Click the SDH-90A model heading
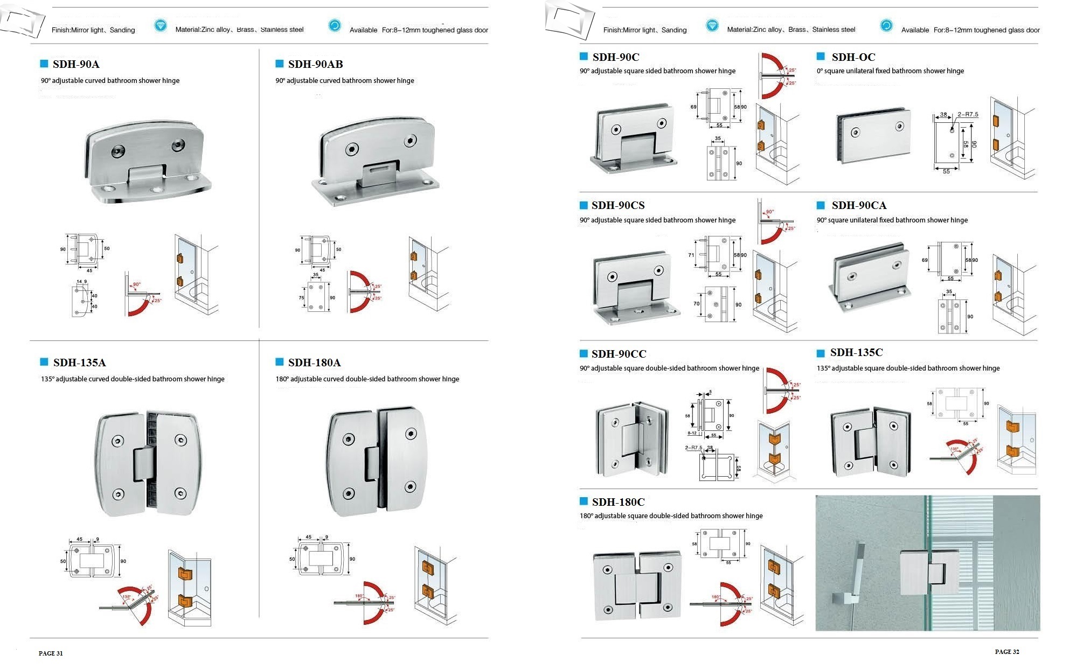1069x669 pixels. (x=76, y=64)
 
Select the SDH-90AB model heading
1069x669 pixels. (x=315, y=64)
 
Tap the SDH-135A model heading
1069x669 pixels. (x=79, y=363)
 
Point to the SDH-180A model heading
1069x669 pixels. (x=314, y=363)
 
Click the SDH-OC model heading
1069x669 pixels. (x=853, y=57)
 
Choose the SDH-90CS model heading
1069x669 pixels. (x=617, y=205)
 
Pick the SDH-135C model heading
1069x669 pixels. (x=856, y=352)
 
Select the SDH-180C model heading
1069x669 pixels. (x=618, y=502)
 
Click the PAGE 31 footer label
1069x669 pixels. (x=51, y=653)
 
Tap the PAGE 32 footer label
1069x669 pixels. (x=1006, y=652)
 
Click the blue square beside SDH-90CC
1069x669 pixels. (x=584, y=353)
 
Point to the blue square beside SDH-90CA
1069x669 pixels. (x=821, y=205)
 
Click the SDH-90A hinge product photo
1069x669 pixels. (x=147, y=161)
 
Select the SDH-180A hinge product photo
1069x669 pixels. (x=377, y=461)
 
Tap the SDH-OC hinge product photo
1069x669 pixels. (x=873, y=135)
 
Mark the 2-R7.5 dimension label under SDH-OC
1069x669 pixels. (x=968, y=115)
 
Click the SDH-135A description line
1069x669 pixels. (x=133, y=379)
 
